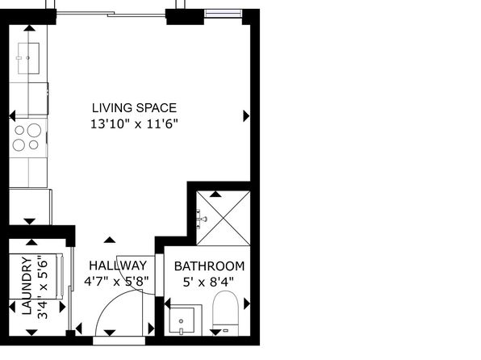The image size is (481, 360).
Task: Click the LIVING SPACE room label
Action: [x=134, y=107]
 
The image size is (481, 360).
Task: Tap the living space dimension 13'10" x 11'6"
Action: [x=134, y=124]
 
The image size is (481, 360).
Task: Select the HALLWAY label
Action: [x=118, y=266]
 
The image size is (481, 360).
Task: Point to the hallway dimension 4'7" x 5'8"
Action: [x=116, y=281]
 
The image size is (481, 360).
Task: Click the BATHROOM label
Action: [x=210, y=266]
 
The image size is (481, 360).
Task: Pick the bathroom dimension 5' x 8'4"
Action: [x=208, y=282]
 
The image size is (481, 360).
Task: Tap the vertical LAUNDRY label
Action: [x=27, y=286]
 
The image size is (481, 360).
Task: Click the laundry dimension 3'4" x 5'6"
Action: [x=42, y=287]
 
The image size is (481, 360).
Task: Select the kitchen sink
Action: [x=28, y=58]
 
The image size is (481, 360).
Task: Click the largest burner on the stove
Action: [x=34, y=130]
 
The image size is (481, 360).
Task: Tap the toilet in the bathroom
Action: [x=225, y=312]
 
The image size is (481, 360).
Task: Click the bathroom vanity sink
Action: [x=182, y=320]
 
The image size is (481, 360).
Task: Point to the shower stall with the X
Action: [x=223, y=218]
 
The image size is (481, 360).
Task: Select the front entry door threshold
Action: [x=119, y=341]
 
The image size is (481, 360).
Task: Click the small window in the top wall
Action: [x=223, y=13]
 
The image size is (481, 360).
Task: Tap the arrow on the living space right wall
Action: [x=246, y=116]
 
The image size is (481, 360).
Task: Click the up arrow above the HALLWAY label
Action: [x=110, y=240]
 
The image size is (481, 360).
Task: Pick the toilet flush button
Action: [x=226, y=330]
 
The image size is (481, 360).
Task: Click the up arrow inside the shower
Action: [x=215, y=194]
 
